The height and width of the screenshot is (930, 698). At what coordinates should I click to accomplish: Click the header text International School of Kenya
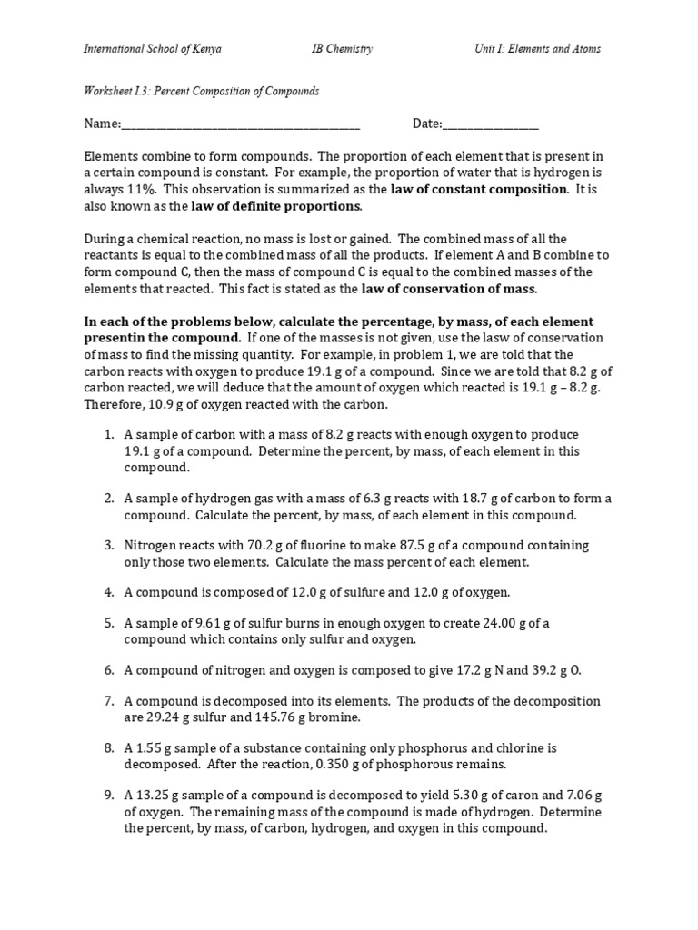pyautogui.click(x=153, y=48)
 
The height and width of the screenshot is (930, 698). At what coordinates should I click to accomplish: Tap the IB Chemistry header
pyautogui.click(x=342, y=48)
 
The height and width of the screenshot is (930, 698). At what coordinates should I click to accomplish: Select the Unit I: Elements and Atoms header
pyautogui.click(x=537, y=48)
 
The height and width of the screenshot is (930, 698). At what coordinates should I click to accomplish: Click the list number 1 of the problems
pyautogui.click(x=108, y=435)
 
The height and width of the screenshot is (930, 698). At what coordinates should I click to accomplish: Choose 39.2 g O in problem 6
pyautogui.click(x=557, y=670)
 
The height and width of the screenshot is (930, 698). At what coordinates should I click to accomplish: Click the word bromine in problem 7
pyautogui.click(x=334, y=717)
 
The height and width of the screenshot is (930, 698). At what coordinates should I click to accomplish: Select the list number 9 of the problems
pyautogui.click(x=108, y=796)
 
